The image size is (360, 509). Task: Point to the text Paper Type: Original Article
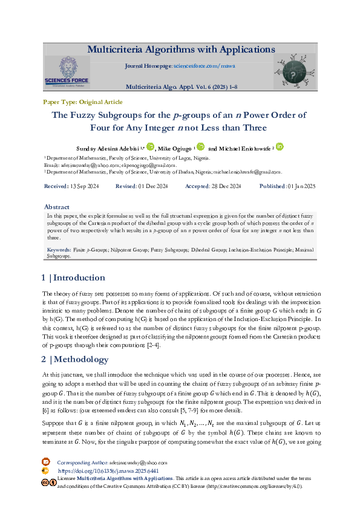coord(82,102)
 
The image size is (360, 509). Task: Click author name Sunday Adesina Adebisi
coord(106,148)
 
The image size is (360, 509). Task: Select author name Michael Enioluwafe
coord(241,148)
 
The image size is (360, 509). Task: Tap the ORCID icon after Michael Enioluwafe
coord(280,146)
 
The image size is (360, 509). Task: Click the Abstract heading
coord(57,206)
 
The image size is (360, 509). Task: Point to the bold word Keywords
coord(59,249)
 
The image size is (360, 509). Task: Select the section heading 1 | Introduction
coord(73,278)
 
